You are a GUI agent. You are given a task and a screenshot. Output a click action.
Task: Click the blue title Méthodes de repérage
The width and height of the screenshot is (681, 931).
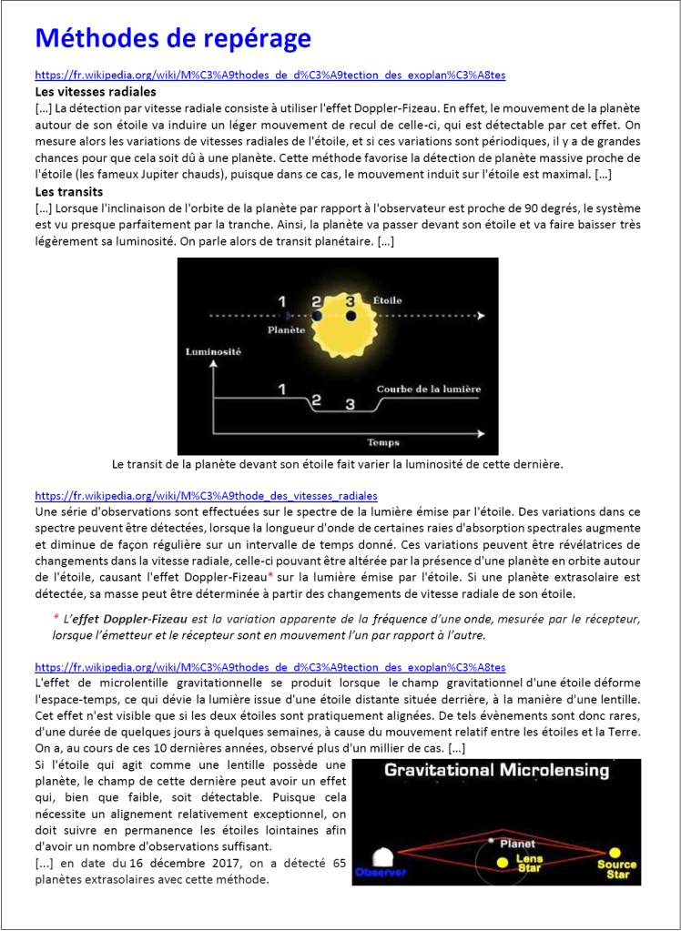click(x=173, y=38)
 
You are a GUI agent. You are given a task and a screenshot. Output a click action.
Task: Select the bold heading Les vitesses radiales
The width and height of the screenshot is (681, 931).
click(x=95, y=92)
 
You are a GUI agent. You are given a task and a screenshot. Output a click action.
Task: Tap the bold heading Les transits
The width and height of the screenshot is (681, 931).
click(x=69, y=192)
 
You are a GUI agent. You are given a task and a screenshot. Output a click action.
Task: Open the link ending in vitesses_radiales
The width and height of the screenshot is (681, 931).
click(x=206, y=496)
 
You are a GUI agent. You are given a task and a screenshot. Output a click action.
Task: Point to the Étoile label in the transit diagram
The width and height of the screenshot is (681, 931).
click(x=387, y=299)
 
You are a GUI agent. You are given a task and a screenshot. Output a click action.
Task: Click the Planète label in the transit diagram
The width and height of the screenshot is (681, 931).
click(x=286, y=330)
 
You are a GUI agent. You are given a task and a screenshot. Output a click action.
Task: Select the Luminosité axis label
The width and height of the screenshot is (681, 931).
click(x=213, y=351)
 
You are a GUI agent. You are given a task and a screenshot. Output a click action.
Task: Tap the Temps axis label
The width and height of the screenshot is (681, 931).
click(x=383, y=442)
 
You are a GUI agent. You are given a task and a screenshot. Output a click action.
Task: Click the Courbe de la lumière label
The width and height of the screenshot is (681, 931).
click(x=429, y=390)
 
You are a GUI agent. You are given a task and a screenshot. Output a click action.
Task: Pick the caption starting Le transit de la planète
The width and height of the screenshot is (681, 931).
click(x=338, y=464)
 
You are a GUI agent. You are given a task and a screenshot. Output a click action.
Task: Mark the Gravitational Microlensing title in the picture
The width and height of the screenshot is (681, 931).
click(x=496, y=771)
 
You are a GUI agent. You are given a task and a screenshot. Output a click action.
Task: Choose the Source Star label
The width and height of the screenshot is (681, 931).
click(x=616, y=869)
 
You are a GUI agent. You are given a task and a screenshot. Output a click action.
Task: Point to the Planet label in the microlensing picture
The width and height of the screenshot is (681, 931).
click(x=516, y=844)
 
